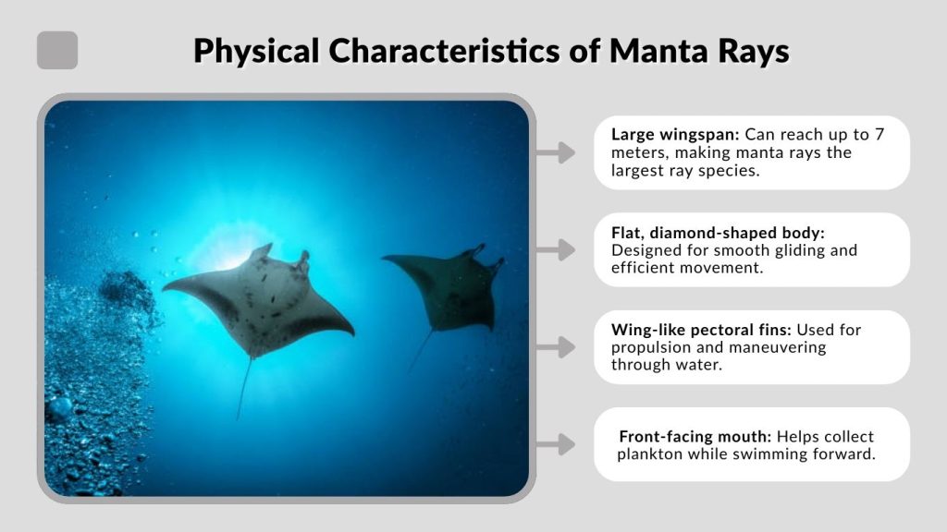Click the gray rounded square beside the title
pos(57,50)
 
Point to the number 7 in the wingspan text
pos(879,134)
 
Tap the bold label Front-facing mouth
pos(695,436)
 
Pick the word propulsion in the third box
pos(653,347)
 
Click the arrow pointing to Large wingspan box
pos(556,152)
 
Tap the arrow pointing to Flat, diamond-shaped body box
pos(556,249)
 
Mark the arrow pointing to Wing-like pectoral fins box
pos(556,347)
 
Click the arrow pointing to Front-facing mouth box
pos(556,444)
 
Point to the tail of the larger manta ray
pos(244,388)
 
